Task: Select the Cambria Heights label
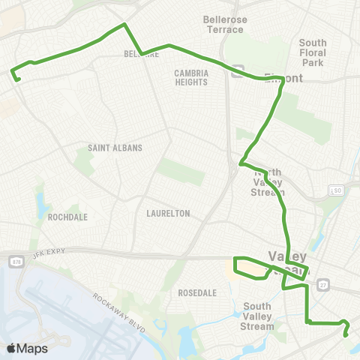point(191,77)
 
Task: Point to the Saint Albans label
point(115,148)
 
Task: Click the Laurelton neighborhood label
point(169,213)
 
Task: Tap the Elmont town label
point(281,76)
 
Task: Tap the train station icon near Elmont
point(238,73)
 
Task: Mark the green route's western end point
point(13,72)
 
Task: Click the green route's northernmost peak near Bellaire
point(124,25)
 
